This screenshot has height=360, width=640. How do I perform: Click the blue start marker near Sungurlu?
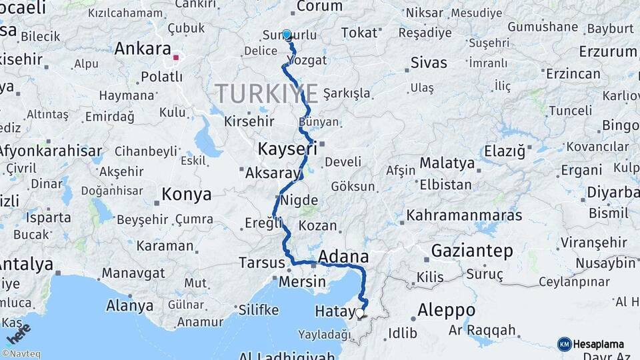pos(287,34)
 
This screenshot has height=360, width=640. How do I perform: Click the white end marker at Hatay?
pos(360,312)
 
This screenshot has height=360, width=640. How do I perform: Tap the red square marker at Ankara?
pos(176,57)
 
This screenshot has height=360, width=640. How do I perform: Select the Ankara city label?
pos(143,49)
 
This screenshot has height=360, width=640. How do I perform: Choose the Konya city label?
pos(187,195)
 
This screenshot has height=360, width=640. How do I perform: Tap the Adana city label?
pos(343,257)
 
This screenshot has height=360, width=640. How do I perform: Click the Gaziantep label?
pos(472,251)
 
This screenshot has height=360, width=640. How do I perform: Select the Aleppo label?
pos(446,311)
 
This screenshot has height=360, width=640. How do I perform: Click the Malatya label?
pos(447,163)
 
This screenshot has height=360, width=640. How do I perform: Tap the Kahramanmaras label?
pos(464,215)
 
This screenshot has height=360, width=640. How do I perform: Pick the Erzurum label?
pos(608,51)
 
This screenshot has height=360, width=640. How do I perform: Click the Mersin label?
pos(303,282)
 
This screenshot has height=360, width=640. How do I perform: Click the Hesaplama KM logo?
pos(591,344)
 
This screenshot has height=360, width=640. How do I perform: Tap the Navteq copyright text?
pos(21,354)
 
